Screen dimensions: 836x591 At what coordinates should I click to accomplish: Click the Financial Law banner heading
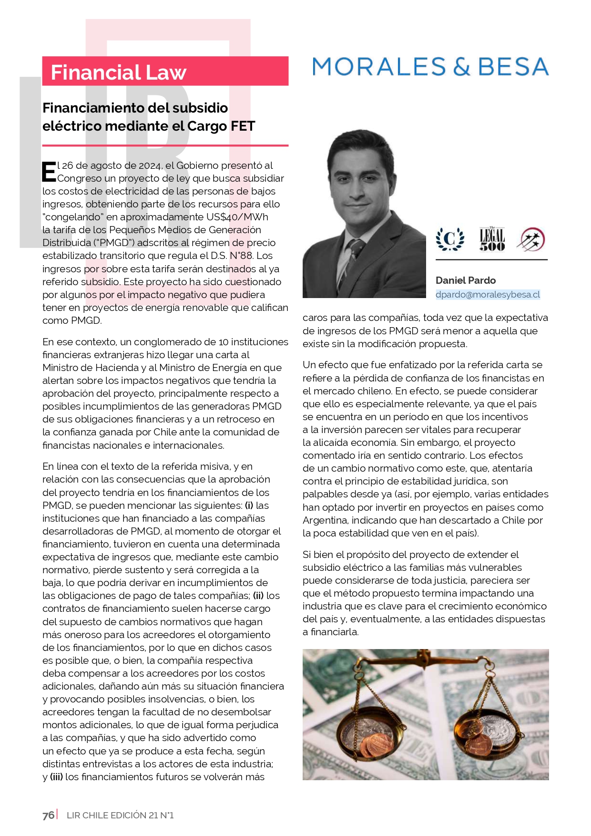118,72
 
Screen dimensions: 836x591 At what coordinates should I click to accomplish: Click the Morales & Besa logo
430,67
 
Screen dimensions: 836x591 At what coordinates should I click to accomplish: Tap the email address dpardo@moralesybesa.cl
488,295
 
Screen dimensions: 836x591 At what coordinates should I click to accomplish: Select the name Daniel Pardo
466,280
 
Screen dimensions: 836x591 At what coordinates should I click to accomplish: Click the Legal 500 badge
492,239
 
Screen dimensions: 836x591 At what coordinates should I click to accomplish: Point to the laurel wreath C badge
450,239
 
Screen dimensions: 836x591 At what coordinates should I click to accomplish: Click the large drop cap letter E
49,172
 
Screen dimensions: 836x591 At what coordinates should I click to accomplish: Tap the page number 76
48,815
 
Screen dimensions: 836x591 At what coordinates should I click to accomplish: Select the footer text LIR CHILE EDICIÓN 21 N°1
120,815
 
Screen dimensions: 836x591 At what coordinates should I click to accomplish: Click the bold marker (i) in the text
249,506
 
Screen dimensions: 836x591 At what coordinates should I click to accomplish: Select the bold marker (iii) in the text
56,777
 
